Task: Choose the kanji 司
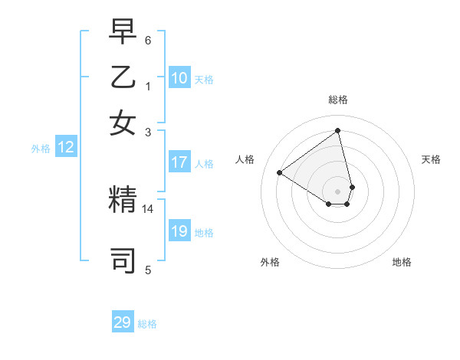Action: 123,260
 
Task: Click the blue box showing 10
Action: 179,78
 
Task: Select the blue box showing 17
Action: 179,162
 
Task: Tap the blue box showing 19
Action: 179,231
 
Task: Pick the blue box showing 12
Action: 65,148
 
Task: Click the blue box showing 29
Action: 123,322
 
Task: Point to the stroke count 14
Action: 148,208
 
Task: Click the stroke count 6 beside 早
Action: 148,40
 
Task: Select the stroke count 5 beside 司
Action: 148,270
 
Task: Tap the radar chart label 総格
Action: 338,100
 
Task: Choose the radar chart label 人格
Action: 245,159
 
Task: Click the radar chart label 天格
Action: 432,159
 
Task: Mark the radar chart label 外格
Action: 270,262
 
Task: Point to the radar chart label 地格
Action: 402,262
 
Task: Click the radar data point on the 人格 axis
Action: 279,172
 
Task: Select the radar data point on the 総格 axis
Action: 338,131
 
